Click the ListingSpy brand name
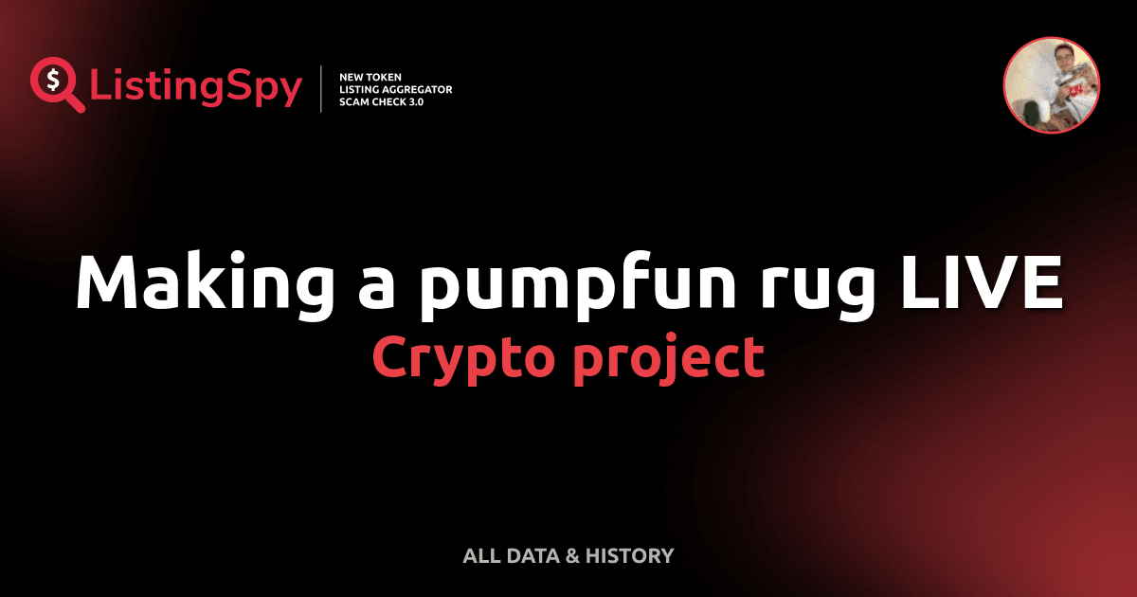(196, 87)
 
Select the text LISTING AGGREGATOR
(395, 89)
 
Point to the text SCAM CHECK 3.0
(381, 102)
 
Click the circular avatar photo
(1052, 85)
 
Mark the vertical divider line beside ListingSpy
(322, 89)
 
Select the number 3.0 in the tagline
(412, 102)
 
